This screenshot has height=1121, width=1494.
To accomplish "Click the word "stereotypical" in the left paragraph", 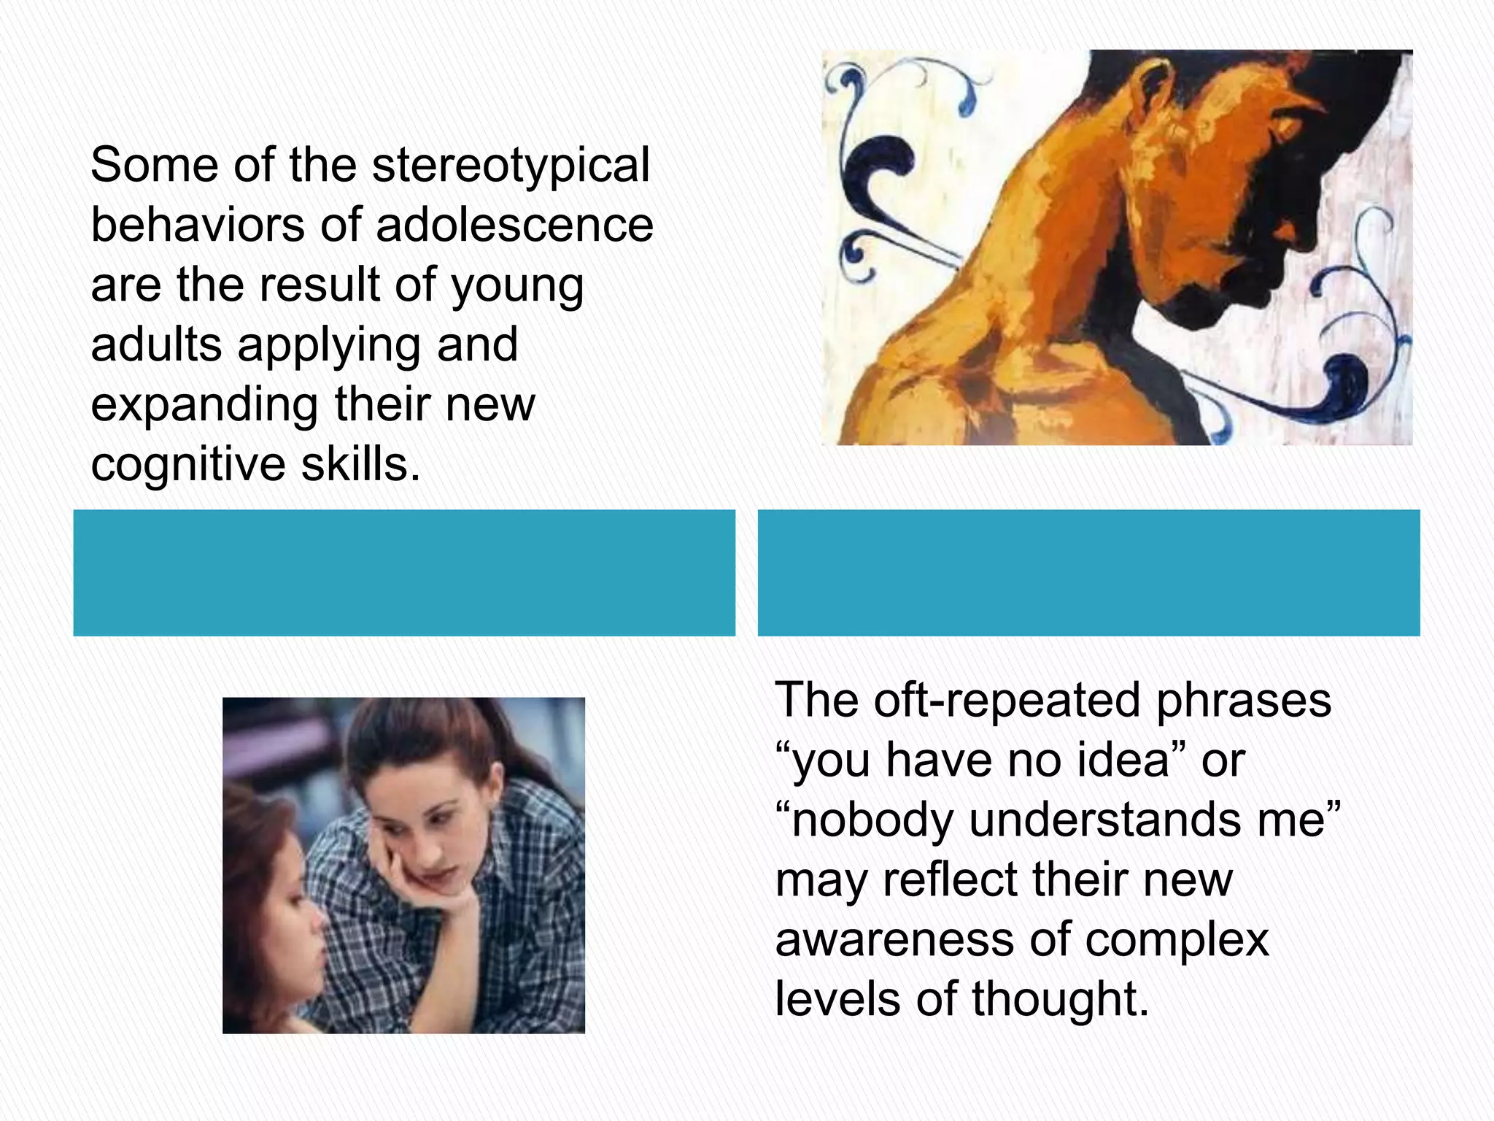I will pos(511,166).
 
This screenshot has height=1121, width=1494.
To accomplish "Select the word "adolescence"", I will pos(514,225).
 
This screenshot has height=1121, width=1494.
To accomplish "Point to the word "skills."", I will pos(361,464).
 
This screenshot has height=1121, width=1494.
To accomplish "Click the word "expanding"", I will pos(204,406).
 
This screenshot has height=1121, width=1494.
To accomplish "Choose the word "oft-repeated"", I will pos(1006,701).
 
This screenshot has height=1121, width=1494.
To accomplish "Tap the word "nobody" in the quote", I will pos(872,821).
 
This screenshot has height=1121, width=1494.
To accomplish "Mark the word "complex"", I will pos(1177,941).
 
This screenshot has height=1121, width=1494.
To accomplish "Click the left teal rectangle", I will pos(404,573).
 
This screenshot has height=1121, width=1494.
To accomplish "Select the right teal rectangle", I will pos(1088,573).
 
